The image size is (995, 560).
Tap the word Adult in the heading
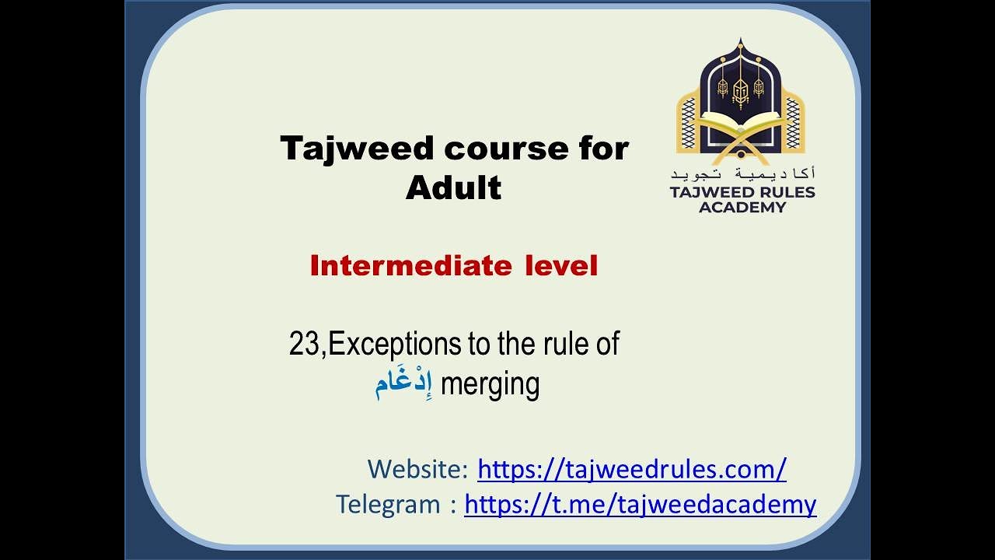tap(453, 187)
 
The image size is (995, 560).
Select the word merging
tap(490, 384)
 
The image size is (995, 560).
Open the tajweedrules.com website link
tap(631, 469)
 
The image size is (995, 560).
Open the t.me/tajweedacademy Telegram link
tap(640, 504)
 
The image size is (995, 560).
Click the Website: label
tap(417, 469)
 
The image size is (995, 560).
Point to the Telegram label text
tap(388, 504)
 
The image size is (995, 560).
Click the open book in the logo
tap(740, 124)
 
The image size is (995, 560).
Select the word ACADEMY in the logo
tap(742, 207)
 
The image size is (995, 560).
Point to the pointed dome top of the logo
tap(740, 43)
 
